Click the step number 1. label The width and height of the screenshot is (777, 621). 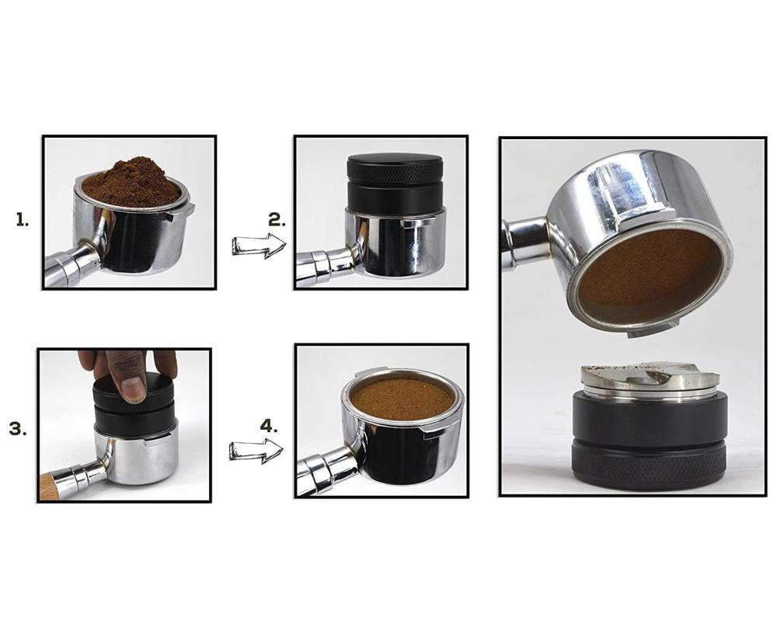[23, 219]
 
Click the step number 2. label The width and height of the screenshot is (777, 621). [277, 219]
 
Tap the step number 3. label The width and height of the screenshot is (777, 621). [18, 429]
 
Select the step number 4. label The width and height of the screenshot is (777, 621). [269, 426]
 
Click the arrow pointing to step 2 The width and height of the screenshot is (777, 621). [260, 246]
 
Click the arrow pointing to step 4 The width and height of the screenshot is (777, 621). [256, 451]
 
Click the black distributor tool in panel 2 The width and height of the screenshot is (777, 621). [395, 182]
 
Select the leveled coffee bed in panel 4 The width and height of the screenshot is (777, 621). [402, 399]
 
